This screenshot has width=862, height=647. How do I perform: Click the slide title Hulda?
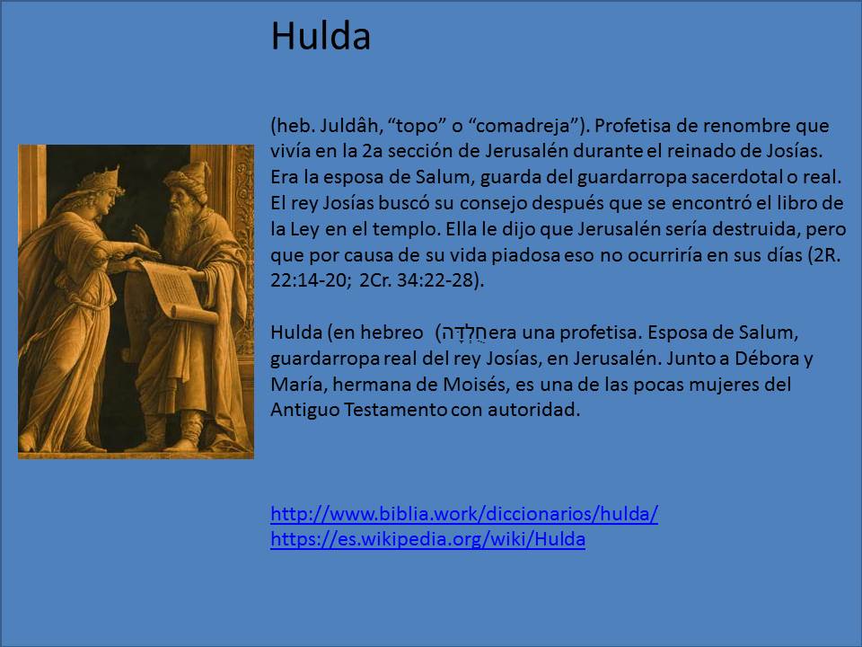(321, 37)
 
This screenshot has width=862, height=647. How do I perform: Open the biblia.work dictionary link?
(464, 515)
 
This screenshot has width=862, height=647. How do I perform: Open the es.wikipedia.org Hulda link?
(427, 540)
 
